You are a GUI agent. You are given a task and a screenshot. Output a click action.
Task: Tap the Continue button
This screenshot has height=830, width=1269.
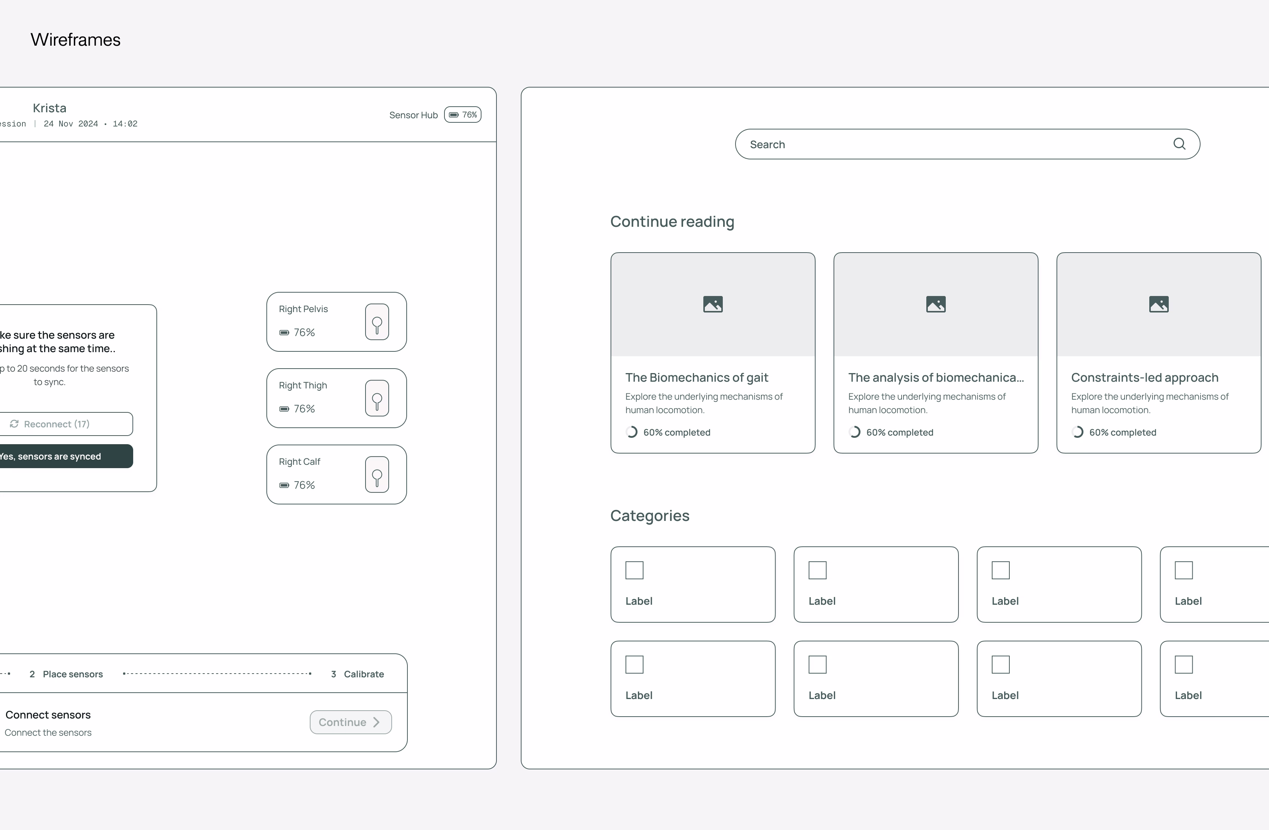[x=350, y=722]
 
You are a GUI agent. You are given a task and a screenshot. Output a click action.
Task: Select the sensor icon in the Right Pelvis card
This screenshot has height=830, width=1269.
[x=377, y=322]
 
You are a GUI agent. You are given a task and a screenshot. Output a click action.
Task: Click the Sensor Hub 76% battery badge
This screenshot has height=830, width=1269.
[x=463, y=115]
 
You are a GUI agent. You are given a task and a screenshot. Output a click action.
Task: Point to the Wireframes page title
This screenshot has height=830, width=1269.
[x=76, y=39]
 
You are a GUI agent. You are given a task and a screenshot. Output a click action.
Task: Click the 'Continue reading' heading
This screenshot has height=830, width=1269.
[x=672, y=222]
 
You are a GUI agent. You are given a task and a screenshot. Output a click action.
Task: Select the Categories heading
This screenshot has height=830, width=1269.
[x=649, y=515]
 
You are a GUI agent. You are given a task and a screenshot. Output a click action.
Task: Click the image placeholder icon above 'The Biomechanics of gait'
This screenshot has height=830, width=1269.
[x=713, y=304]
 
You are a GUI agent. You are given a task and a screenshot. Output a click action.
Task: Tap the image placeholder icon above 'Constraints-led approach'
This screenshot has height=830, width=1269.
[x=1159, y=304]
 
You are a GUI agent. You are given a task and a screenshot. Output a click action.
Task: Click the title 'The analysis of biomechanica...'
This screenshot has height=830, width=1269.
[x=936, y=378]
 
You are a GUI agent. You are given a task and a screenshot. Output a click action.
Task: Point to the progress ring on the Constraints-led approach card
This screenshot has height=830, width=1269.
[x=1077, y=432]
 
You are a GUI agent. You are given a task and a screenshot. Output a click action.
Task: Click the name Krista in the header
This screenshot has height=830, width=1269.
[x=50, y=108]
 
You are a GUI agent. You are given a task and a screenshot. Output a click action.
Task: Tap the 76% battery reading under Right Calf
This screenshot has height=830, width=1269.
[x=304, y=485]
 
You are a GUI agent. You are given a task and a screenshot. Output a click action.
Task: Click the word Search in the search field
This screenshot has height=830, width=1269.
[x=767, y=144]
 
